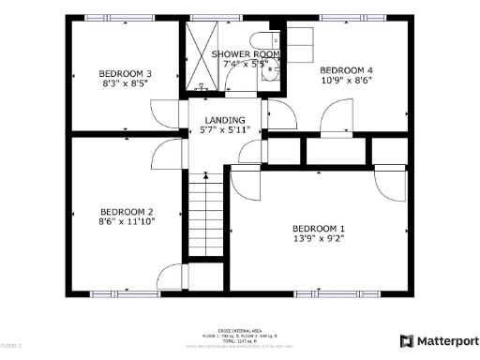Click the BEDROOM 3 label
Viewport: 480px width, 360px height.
point(125,73)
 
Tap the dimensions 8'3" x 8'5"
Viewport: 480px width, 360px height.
point(125,83)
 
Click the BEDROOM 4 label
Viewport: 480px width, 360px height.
point(346,70)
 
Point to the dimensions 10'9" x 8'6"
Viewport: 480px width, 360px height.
point(346,81)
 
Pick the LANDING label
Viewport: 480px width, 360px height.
point(225,120)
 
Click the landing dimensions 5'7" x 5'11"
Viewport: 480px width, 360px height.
point(225,130)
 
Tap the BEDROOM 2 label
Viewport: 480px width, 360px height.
point(126,212)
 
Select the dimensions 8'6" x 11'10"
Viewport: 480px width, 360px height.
point(126,222)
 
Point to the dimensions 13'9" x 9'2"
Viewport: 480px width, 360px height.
point(319,240)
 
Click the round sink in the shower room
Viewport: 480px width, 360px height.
point(272,74)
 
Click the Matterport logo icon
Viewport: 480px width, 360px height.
point(407,341)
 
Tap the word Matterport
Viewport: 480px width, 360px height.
point(445,341)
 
